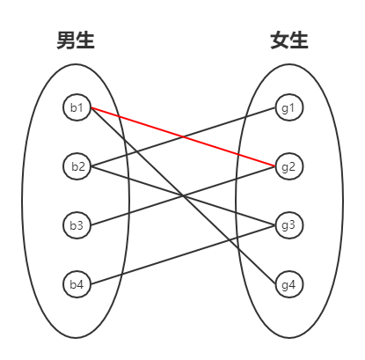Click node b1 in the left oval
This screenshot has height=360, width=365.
click(x=77, y=108)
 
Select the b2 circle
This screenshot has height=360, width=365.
click(x=77, y=165)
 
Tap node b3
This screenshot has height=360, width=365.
click(x=77, y=225)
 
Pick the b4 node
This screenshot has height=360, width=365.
click(x=77, y=284)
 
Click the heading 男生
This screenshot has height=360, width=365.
click(x=76, y=40)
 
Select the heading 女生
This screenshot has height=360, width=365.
click(x=289, y=40)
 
